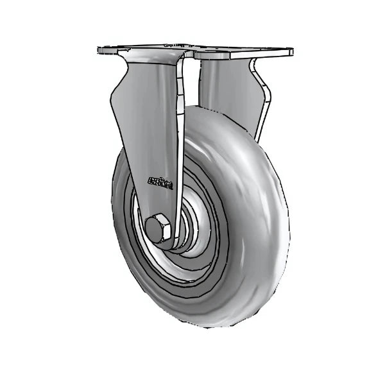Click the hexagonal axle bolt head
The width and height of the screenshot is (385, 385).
[x=158, y=228]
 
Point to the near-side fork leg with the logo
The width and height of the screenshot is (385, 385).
[x=151, y=141]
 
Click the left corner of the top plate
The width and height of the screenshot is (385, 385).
[x=98, y=50]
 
